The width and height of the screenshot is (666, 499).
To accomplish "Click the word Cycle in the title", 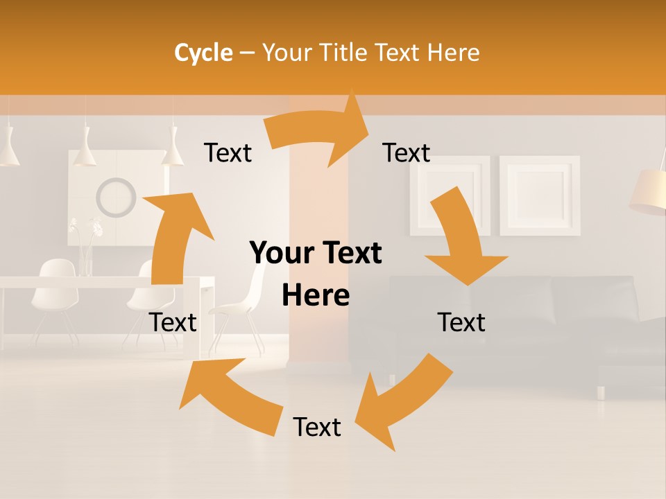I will [x=203, y=53].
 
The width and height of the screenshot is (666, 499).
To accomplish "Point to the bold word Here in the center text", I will [x=316, y=296].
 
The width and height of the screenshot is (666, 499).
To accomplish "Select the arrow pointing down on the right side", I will [x=461, y=243].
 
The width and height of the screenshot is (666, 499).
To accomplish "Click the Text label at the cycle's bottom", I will [x=317, y=428].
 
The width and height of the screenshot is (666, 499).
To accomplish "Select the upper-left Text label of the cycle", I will [x=228, y=153].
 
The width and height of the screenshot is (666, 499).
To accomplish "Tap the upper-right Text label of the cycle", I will [x=407, y=153].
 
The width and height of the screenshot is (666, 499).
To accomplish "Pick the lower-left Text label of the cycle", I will [x=173, y=322].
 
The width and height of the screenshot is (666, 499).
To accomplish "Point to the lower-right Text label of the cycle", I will [x=461, y=322].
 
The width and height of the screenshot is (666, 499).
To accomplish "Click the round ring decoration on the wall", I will [x=116, y=198].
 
